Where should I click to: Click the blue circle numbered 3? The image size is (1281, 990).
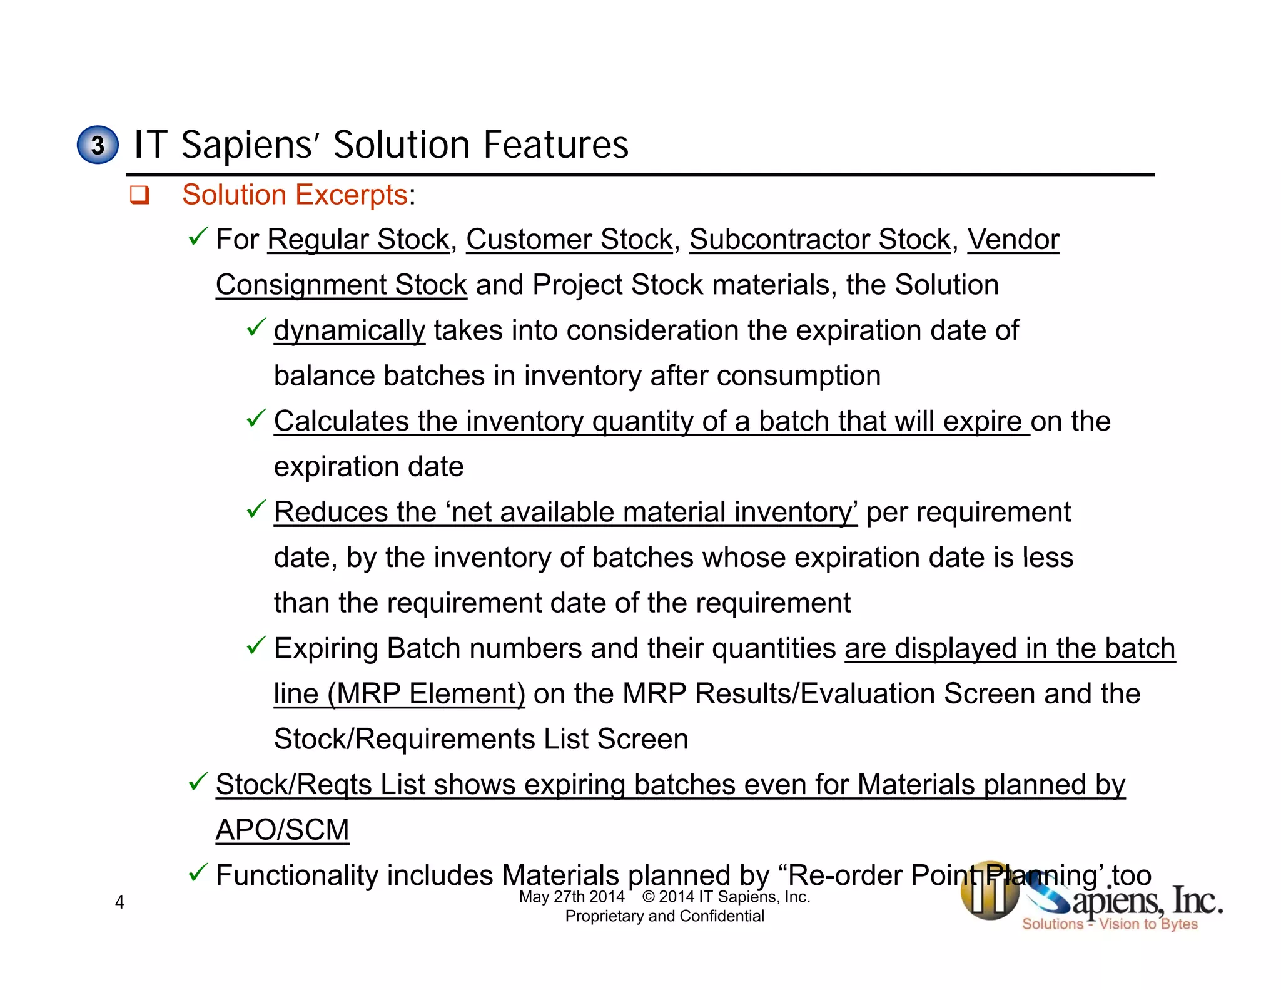98,145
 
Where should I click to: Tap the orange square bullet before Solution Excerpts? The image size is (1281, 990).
139,195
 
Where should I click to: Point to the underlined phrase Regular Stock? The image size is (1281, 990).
358,240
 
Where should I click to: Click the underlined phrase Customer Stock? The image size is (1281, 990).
569,240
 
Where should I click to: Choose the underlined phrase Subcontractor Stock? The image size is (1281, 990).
820,240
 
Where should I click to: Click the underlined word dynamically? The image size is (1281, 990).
350,330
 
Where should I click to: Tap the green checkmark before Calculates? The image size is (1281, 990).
256,418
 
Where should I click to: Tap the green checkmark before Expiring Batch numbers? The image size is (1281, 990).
256,645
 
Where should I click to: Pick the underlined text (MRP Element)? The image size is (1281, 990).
427,694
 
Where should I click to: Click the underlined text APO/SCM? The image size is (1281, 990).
282,830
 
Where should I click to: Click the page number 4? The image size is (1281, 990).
119,902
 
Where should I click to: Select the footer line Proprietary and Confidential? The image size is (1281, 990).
664,916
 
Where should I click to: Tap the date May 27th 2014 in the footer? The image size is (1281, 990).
572,897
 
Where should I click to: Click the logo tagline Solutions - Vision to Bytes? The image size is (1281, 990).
1110,924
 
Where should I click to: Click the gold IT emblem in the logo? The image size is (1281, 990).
990,892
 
